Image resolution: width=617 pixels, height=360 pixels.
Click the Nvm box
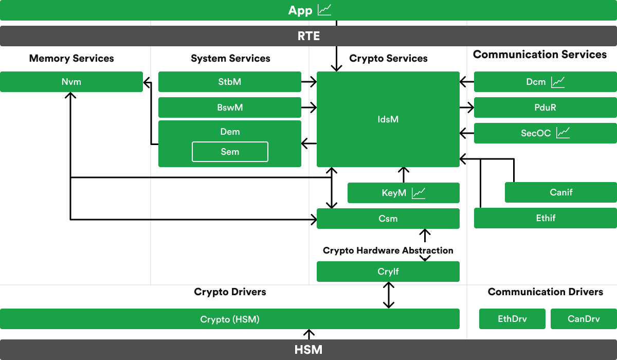pyautogui.click(x=71, y=82)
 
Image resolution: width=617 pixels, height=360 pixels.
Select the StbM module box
pyautogui.click(x=229, y=82)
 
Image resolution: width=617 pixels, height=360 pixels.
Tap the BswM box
pyautogui.click(x=229, y=107)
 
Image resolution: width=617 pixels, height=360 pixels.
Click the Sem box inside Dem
pyautogui.click(x=230, y=152)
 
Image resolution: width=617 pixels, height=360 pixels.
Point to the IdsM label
pyautogui.click(x=388, y=119)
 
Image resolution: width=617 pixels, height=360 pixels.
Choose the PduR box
pyautogui.click(x=545, y=107)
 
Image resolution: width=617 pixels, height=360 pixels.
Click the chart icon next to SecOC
pyautogui.click(x=564, y=133)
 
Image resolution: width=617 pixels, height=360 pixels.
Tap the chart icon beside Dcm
pyautogui.click(x=558, y=82)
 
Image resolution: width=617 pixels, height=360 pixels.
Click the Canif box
pyautogui.click(x=560, y=192)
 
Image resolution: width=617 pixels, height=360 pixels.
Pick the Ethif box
pyautogui.click(x=545, y=218)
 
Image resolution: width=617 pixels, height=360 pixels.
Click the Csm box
pyautogui.click(x=388, y=219)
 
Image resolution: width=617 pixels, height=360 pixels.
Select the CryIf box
pyautogui.click(x=388, y=272)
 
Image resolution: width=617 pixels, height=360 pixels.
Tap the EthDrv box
pyautogui.click(x=512, y=319)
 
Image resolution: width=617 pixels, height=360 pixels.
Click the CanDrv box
pyautogui.click(x=584, y=319)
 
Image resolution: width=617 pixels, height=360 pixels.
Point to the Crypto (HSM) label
pyautogui.click(x=230, y=319)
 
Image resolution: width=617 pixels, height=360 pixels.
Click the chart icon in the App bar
pyautogui.click(x=325, y=10)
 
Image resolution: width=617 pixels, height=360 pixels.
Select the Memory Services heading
pyautogui.click(x=71, y=58)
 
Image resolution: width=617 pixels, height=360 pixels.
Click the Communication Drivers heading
pyautogui.click(x=545, y=292)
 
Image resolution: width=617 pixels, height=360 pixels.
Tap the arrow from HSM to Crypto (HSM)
pyautogui.click(x=309, y=334)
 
